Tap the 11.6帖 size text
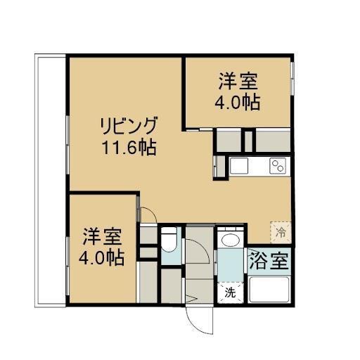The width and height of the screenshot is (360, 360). tap(127, 148)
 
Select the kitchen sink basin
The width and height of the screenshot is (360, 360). tap(239, 168)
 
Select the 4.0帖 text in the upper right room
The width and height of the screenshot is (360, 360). tap(237, 102)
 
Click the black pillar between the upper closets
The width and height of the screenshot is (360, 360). tap(247, 141)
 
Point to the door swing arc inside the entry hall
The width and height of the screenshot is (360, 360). tap(198, 250)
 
